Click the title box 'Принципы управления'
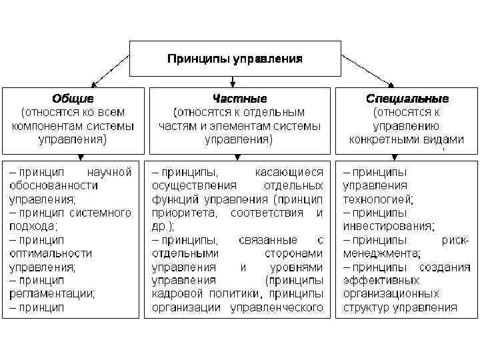click(234, 59)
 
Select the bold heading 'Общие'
click(73, 98)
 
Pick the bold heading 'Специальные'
click(407, 98)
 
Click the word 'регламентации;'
click(51, 293)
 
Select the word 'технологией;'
click(378, 199)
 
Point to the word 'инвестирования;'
click(389, 226)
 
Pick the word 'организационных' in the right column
click(391, 293)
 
